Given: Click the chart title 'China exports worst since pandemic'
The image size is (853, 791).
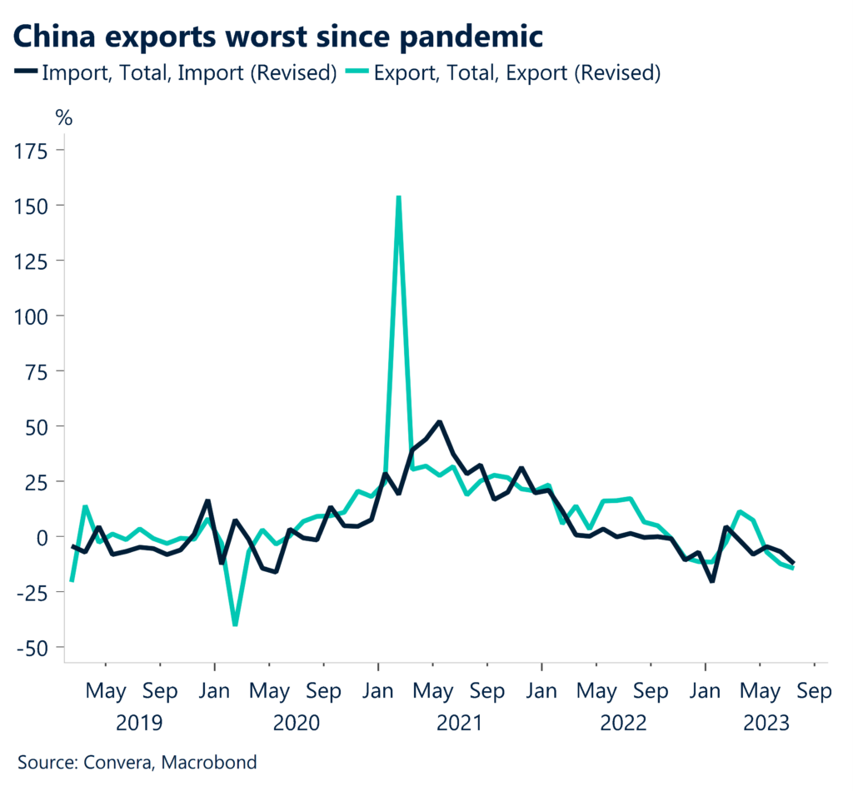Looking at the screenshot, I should tap(277, 36).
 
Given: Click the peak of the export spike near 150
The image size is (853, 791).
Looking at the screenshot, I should tap(399, 197).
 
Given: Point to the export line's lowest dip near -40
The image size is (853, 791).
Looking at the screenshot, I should tap(236, 624).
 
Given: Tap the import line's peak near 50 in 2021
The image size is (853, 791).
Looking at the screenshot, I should tap(440, 422).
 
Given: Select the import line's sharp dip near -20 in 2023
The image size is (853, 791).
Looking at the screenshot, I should tap(712, 580).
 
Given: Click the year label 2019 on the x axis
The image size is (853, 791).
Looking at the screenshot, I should tap(139, 723).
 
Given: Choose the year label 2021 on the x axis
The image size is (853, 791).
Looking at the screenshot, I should tap(459, 723).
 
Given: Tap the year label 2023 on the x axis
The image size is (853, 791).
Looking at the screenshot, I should tap(768, 723).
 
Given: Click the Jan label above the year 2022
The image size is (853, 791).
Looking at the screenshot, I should tap(541, 691).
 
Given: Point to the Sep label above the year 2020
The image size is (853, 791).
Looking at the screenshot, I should tap(323, 691).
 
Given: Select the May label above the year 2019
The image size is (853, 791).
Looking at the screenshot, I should tap(106, 691).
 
